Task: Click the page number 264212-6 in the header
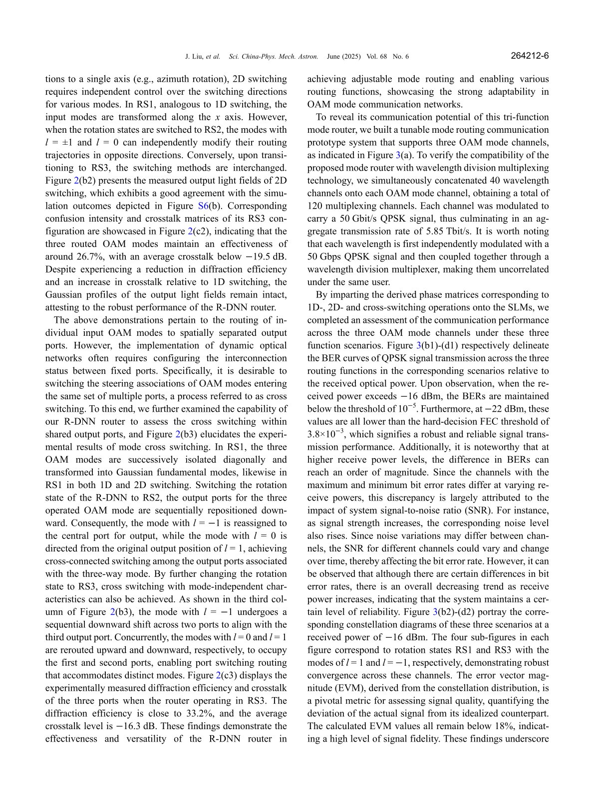pyautogui.click(x=530, y=56)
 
